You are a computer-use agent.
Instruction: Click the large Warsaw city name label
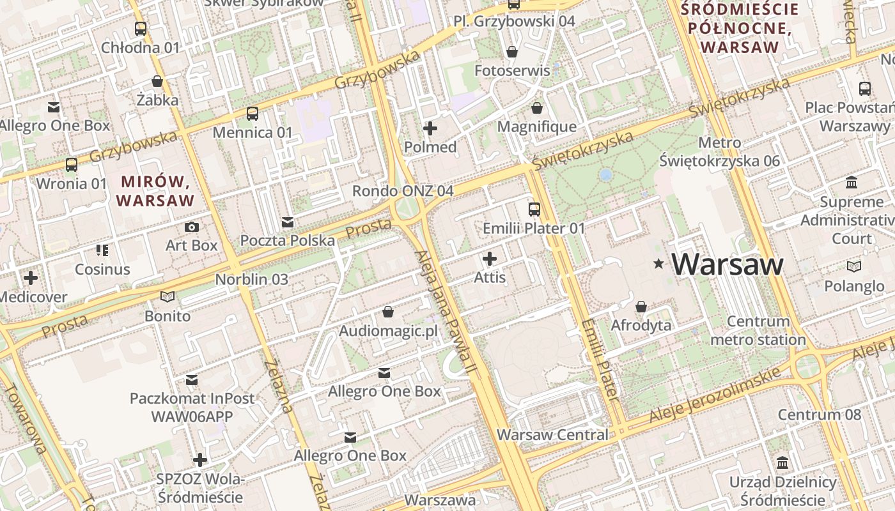coord(728,264)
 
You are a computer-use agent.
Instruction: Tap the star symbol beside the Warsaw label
coord(658,263)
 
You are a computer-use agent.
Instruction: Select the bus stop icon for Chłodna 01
coord(141,29)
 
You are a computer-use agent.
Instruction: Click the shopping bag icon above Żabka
coord(157,81)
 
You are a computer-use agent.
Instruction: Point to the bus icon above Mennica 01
coord(253,114)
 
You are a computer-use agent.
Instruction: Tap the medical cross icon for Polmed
coord(430,128)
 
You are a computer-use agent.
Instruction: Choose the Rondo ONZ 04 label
coord(403,191)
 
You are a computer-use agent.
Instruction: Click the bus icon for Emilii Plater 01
coord(534,209)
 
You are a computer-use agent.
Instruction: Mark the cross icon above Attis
coord(490,259)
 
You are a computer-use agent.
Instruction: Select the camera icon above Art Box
coord(191,227)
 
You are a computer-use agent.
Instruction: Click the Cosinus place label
coord(102,269)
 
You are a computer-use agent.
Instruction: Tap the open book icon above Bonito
coord(167,297)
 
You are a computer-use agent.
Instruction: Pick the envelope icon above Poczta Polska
coord(288,222)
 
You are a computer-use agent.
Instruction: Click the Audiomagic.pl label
coord(388,331)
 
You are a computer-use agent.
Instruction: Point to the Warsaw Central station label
coord(552,435)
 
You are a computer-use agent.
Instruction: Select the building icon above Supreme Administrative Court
coord(852,183)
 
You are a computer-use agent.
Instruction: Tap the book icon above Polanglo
coord(853,266)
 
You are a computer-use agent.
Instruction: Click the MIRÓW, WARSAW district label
coord(155,191)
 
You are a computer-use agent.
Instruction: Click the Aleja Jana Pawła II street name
coord(445,312)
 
